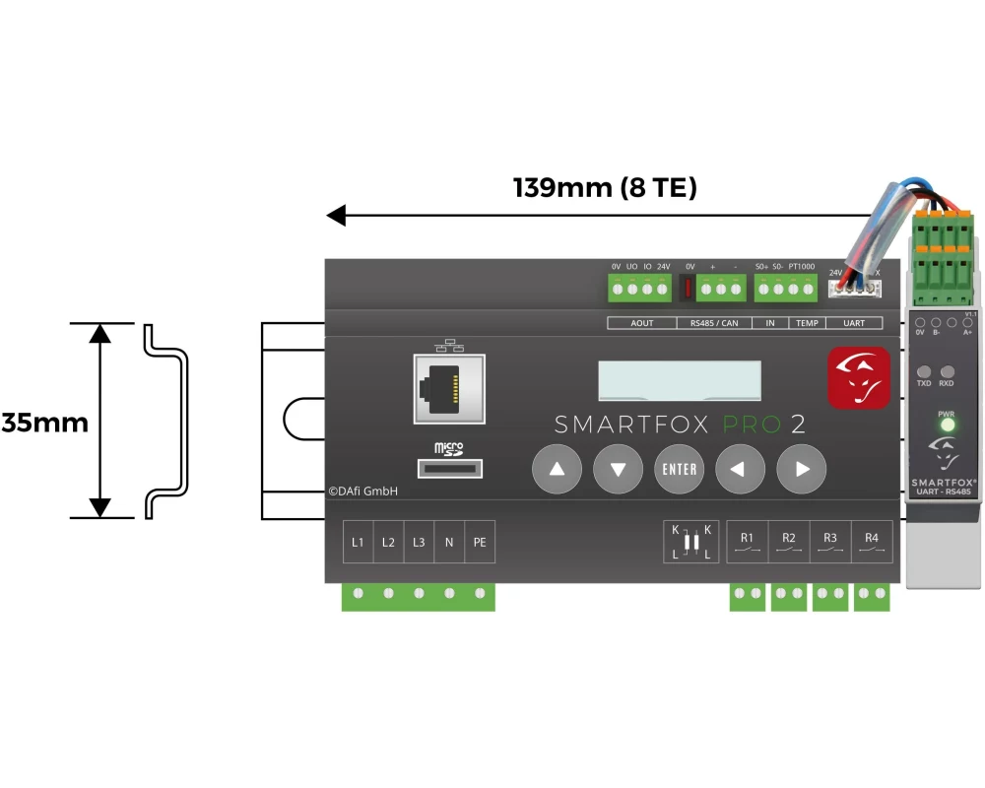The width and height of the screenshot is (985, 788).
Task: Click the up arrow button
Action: [x=558, y=469]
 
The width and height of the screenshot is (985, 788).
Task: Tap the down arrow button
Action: [x=618, y=469]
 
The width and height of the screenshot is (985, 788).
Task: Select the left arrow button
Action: [x=740, y=469]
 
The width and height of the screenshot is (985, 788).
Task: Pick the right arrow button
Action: [x=801, y=469]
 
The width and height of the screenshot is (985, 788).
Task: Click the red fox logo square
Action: [x=858, y=376]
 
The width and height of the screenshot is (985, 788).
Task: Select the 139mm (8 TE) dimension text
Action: [x=605, y=187]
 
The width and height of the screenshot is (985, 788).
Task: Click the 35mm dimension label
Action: [x=44, y=423]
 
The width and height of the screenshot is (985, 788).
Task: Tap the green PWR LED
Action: [x=947, y=427]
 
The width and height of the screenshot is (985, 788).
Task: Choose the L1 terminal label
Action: [x=358, y=543]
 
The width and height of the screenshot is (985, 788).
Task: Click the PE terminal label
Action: [x=480, y=543]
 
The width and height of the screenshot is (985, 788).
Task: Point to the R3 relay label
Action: [x=830, y=538]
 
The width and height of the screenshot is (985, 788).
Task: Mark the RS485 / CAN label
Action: [x=714, y=323]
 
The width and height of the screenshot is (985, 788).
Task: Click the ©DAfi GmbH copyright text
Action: [x=363, y=491]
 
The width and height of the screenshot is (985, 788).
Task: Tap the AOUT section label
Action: [x=641, y=323]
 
